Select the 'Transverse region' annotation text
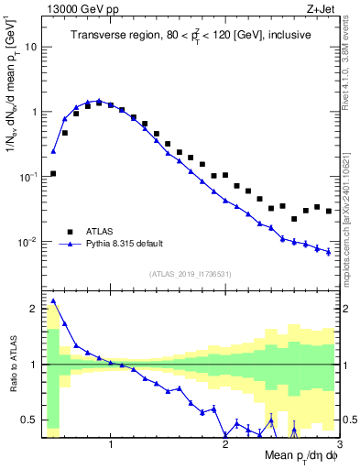click(191, 35)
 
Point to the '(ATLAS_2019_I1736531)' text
click(191, 274)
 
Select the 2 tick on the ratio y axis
click(32, 309)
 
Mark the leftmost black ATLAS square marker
click(53, 173)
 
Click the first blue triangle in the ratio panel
click(53, 300)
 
